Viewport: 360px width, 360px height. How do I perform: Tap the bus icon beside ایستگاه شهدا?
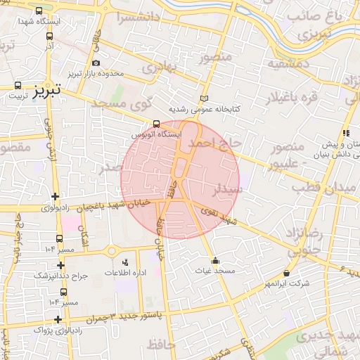click(x=38, y=11)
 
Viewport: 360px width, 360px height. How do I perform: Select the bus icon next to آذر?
click(x=49, y=35)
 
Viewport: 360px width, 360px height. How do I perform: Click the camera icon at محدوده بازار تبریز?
click(x=96, y=63)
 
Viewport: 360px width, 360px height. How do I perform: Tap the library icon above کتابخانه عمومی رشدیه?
click(x=205, y=99)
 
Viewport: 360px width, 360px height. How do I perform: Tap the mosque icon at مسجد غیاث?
click(x=214, y=260)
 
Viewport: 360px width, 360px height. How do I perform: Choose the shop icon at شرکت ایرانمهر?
click(x=286, y=274)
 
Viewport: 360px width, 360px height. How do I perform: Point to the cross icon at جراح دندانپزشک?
click(x=61, y=266)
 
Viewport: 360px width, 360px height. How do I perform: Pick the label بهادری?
click(x=157, y=67)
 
